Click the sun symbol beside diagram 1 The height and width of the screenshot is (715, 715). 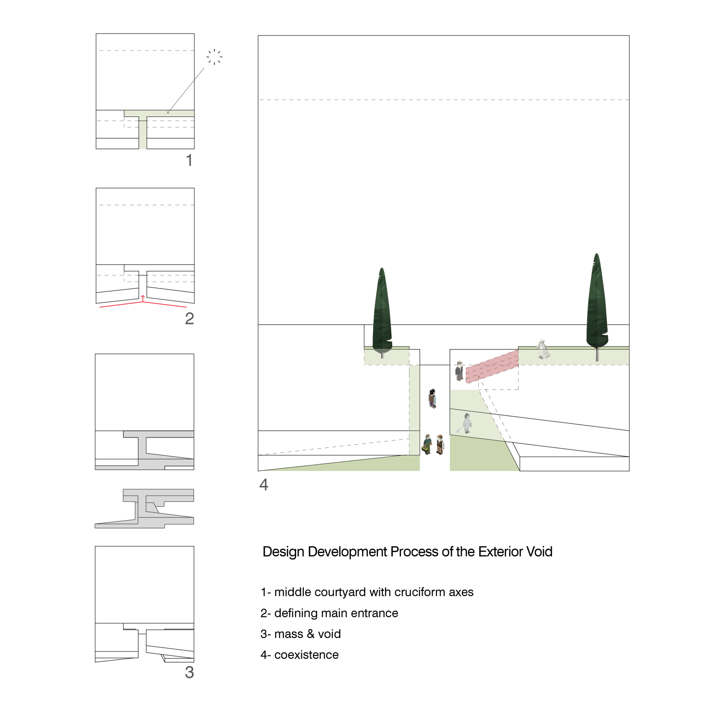click(x=214, y=57)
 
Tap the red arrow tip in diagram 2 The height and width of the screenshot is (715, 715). click(x=143, y=296)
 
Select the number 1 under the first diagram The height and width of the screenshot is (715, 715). click(x=189, y=160)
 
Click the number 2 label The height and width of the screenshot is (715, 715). click(x=189, y=318)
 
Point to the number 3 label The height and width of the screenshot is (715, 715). click(x=189, y=672)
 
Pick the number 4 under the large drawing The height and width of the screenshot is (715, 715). click(x=264, y=485)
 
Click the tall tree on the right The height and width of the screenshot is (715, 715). click(x=597, y=306)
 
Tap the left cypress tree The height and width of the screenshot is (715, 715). click(x=382, y=313)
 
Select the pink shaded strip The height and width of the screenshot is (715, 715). click(x=492, y=366)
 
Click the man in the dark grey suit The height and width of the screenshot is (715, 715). click(x=459, y=371)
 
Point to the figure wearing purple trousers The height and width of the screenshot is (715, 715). click(x=432, y=398)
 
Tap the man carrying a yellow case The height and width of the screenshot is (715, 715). click(x=427, y=444)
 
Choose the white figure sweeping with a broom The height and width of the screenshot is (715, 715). click(x=466, y=423)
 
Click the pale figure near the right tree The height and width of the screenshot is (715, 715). click(x=542, y=349)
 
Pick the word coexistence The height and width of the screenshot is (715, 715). click(x=306, y=655)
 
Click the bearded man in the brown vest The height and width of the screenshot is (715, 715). click(x=440, y=444)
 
